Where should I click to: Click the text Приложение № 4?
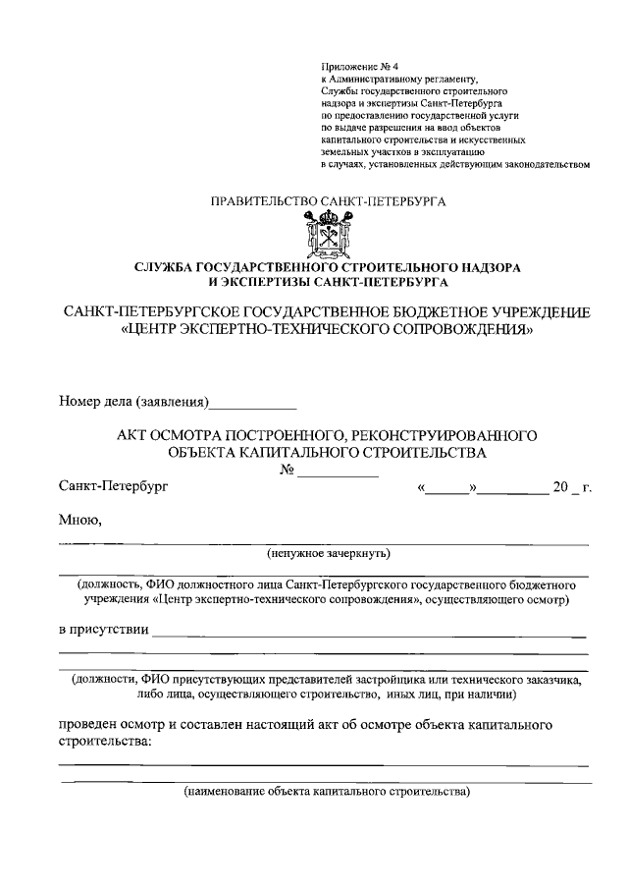click(x=353, y=64)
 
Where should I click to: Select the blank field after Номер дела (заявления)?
click(x=254, y=402)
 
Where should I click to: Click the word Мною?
click(x=80, y=520)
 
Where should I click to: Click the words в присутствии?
click(x=103, y=629)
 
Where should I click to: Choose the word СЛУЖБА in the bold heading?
click(x=164, y=266)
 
